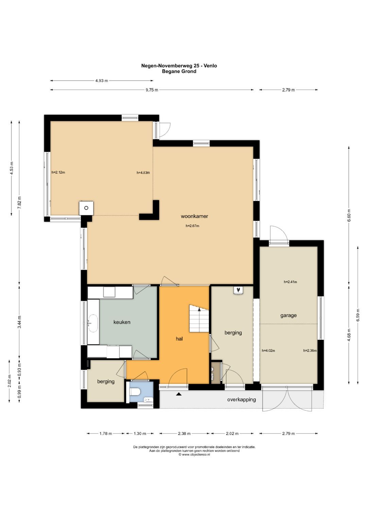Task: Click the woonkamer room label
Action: [194, 216]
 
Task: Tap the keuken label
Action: [122, 322]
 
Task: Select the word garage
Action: [289, 316]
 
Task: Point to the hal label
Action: [179, 339]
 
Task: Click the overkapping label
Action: [241, 399]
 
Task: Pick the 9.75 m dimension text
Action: [152, 90]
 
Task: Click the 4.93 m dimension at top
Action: [102, 81]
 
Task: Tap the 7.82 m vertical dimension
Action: [19, 202]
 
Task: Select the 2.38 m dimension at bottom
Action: [184, 434]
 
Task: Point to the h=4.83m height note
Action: [143, 173]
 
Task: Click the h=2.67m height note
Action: [192, 226]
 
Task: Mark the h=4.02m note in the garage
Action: [268, 351]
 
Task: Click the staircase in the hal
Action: [199, 318]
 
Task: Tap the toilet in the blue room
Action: [135, 392]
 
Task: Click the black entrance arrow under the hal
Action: [179, 394]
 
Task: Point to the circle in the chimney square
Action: [86, 208]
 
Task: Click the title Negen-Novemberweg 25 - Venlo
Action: [179, 66]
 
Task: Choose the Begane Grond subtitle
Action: [179, 72]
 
